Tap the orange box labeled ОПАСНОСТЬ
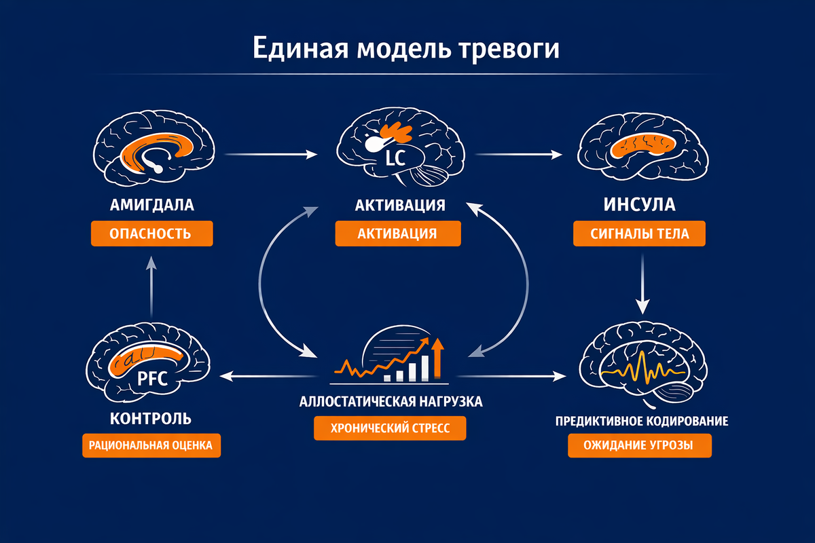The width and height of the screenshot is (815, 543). [x=152, y=234]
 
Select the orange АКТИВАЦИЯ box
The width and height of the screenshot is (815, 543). [x=397, y=234]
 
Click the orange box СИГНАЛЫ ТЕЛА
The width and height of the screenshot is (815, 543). [x=640, y=234]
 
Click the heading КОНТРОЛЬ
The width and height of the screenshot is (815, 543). [x=150, y=417]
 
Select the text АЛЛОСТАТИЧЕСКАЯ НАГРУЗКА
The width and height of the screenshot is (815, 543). [x=391, y=401]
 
